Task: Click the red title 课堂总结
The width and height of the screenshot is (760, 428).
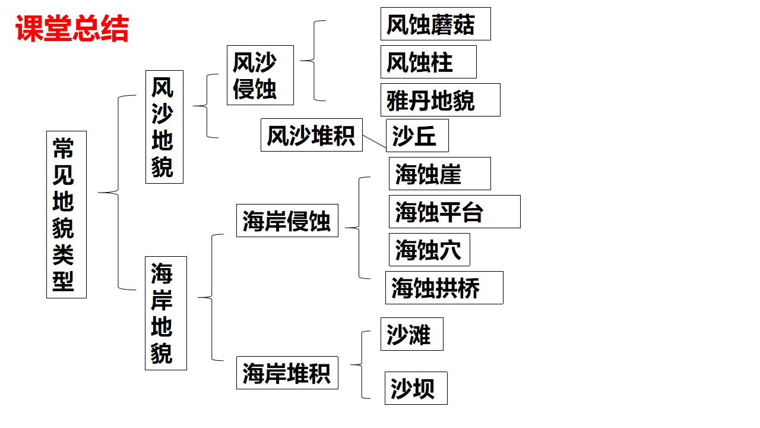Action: point(72,29)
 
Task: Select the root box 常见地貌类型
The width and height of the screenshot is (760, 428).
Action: point(66,214)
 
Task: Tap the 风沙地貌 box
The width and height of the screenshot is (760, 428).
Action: point(164,127)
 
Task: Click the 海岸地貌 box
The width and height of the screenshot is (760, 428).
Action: point(166,313)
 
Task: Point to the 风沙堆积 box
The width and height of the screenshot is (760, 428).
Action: point(311,135)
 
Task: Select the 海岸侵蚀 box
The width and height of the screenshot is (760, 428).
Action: point(287,221)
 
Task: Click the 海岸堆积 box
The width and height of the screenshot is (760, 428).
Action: point(287,373)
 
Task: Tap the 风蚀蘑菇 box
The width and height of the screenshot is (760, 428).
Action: point(435,24)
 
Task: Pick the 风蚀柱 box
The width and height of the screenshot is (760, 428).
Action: point(428,62)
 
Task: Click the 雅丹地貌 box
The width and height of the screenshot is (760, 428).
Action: point(440,100)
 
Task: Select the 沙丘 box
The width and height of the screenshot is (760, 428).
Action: point(417,136)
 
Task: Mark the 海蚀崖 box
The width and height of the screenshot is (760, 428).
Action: point(439,174)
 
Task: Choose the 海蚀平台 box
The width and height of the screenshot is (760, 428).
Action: point(454,212)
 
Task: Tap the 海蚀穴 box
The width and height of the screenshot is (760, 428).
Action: point(429,250)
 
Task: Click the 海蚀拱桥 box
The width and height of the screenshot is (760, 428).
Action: point(444,288)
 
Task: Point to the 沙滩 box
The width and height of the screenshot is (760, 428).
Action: point(411,334)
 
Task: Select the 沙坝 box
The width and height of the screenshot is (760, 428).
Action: point(416,388)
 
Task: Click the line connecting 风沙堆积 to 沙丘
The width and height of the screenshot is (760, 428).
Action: point(374,143)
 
